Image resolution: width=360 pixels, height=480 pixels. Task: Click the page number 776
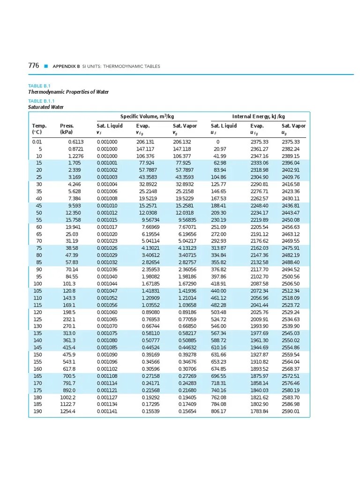34,66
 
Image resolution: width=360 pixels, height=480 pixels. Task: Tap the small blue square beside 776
46,66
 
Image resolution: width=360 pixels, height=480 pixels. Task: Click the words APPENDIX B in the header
66,67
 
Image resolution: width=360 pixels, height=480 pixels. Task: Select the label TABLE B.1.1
42,101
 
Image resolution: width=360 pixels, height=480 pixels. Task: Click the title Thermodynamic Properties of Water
68,92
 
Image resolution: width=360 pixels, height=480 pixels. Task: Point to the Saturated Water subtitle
46,107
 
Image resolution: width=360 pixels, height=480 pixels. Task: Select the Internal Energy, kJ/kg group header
258,116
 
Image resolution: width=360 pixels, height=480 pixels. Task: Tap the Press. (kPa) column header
67,129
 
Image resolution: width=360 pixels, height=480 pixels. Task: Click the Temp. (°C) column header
39,129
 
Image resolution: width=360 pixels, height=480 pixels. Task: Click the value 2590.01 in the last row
291,412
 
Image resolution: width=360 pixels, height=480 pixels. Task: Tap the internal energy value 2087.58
259,284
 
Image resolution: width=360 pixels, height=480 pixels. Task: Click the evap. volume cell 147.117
145,149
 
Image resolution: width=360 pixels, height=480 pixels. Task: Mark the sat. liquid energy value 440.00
218,291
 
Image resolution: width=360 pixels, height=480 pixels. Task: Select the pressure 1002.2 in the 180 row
68,397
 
